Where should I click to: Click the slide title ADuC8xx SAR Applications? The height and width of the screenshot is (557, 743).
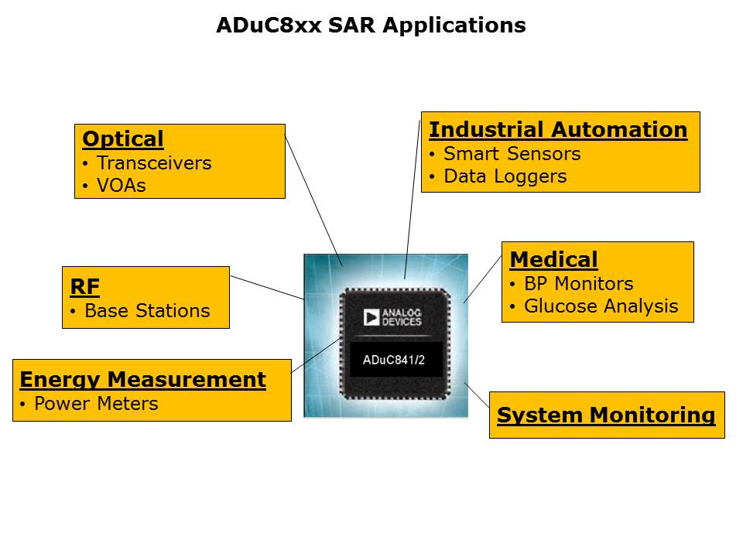coord(371,25)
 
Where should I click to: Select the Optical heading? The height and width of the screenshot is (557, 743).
coord(123,138)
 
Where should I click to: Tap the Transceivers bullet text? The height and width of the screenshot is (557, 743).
coord(154,163)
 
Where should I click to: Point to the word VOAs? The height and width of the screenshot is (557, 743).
coord(122,186)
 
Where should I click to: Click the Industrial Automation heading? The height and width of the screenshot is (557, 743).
coord(558,130)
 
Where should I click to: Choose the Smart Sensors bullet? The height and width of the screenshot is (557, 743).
coord(512,154)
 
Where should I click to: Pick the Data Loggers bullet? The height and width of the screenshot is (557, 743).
coord(505,176)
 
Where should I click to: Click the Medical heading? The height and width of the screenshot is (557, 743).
coord(554,260)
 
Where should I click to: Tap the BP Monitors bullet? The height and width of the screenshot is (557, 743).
coord(579,284)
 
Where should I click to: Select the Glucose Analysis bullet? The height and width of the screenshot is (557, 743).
coord(601,306)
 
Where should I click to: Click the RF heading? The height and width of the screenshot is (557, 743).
coord(85,286)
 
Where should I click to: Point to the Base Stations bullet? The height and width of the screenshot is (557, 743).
coord(147,311)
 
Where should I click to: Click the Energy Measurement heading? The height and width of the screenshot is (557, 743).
coord(142,380)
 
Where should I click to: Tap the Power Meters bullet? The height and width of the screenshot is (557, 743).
coord(96,404)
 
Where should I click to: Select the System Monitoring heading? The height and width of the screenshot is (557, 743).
coord(606,415)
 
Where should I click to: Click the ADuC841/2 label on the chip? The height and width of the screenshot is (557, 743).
coord(394,360)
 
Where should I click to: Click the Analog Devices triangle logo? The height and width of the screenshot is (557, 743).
coord(371,317)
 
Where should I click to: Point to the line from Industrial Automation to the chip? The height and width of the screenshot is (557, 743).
coord(413,200)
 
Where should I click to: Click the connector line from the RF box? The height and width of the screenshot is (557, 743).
coord(267,288)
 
